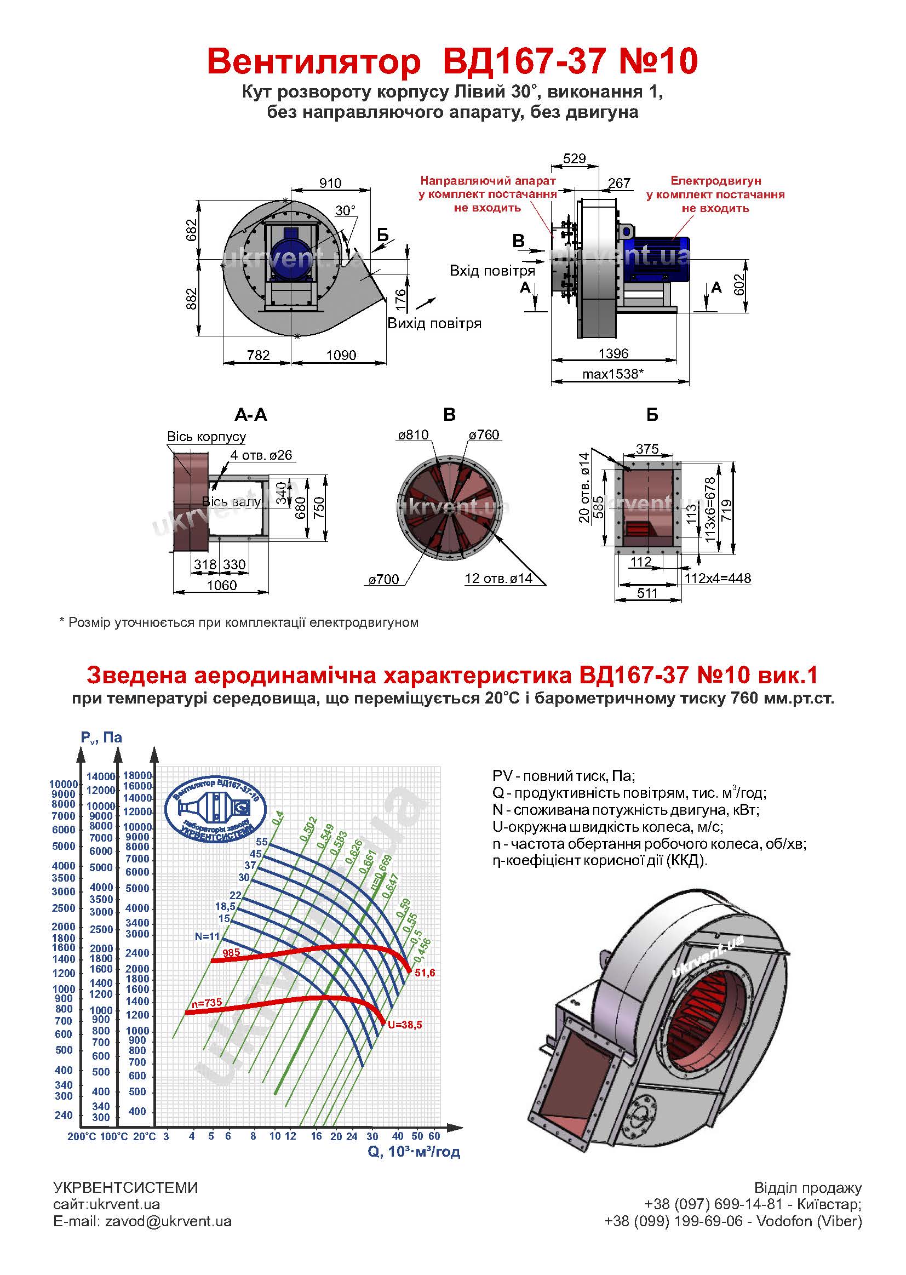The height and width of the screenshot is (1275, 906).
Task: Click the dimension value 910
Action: coord(330,183)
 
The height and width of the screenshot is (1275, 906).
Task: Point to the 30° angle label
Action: coord(345,210)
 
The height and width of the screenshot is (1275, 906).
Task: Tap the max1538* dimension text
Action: coord(612,374)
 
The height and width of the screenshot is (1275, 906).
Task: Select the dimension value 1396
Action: coord(613,354)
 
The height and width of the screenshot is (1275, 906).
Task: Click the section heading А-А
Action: coord(250,415)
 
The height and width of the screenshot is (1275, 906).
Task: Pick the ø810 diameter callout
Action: coord(414,435)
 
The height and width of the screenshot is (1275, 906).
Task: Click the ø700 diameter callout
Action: coord(383,580)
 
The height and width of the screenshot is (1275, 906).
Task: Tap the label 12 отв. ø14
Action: coord(498,579)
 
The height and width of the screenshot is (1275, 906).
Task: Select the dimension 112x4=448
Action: coord(718,578)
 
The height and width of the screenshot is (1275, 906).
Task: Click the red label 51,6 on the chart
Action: coord(425,973)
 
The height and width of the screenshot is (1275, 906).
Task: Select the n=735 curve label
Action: coord(207,1003)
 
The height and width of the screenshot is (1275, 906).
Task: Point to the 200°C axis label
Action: coord(82,1136)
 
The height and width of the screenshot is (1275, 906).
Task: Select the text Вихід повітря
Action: coord(434,324)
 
